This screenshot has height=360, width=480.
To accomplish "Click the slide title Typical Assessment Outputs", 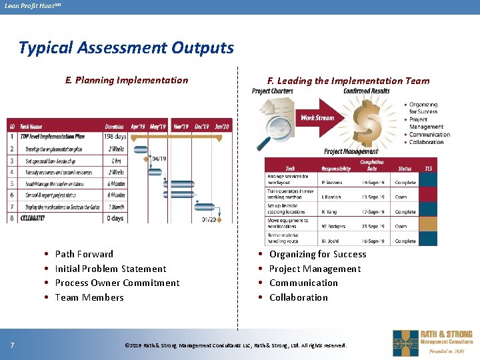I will click(126, 48).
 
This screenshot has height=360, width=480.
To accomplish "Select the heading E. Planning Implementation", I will click(127, 80).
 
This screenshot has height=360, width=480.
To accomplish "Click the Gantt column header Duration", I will click(114, 127).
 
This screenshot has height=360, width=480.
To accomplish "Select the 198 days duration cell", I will click(116, 137).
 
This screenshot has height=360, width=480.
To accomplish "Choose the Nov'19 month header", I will click(180, 127).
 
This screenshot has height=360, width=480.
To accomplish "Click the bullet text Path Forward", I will click(84, 254).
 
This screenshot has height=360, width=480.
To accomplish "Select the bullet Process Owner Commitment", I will click(117, 283).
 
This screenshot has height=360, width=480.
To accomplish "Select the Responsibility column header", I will click(336, 169).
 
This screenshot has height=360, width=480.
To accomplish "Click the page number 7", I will click(13, 345).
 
